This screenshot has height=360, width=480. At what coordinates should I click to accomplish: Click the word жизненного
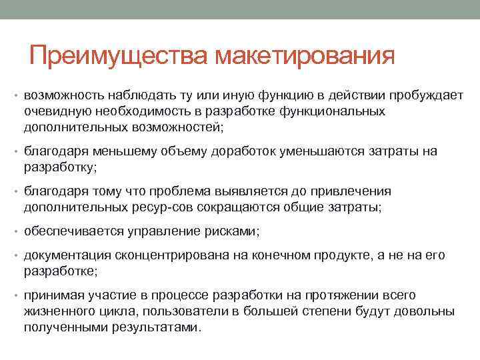(x=56, y=312)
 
